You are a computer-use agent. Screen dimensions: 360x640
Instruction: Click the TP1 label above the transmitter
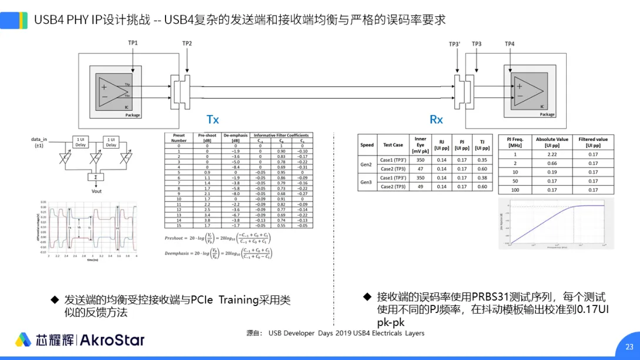pos(133,43)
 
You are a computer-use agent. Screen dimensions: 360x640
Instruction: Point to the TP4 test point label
pos(510,44)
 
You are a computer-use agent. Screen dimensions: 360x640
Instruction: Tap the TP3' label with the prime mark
pos(454,44)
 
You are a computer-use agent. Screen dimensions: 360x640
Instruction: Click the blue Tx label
pos(213,120)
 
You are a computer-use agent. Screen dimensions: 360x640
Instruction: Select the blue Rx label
pos(436,120)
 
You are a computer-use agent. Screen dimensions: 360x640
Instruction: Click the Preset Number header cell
pos(178,138)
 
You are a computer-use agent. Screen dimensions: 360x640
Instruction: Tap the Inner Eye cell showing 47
pos(420,169)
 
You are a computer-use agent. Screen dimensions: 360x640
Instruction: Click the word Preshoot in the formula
pos(174,238)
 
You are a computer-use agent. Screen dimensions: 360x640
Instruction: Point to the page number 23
pos(629,346)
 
